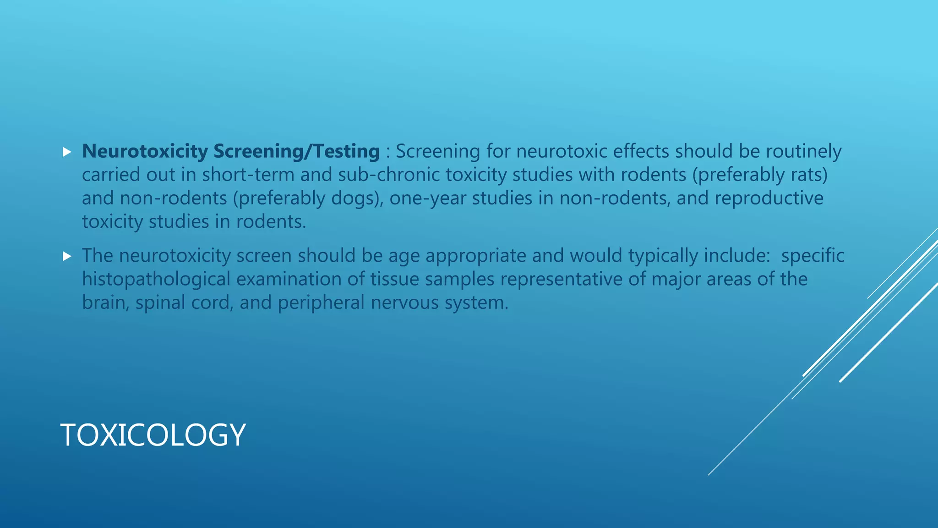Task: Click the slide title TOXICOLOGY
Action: pyautogui.click(x=153, y=434)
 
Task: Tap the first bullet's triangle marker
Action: pyautogui.click(x=67, y=152)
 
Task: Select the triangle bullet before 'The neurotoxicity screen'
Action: pyautogui.click(x=67, y=256)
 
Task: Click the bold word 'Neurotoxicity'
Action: pyautogui.click(x=145, y=151)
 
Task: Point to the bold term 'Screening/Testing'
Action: pyautogui.click(x=296, y=151)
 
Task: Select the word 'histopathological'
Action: pyautogui.click(x=156, y=279)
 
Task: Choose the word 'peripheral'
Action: pyautogui.click(x=321, y=302)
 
